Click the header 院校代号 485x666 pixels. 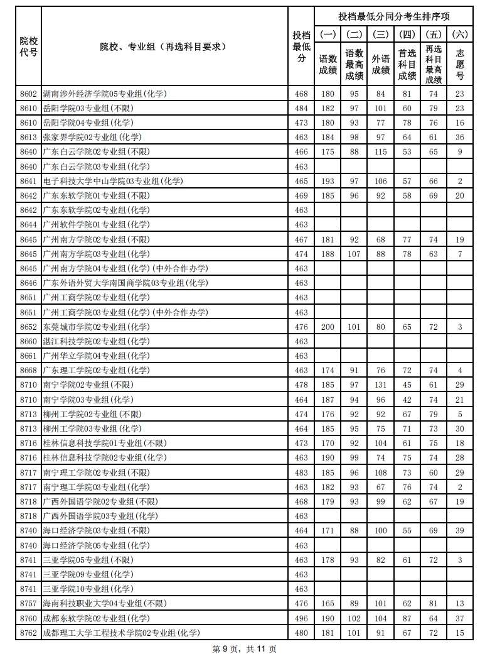point(28,46)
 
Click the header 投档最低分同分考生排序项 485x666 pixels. point(393,17)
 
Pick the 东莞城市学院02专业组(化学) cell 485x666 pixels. point(96,327)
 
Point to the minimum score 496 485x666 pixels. point(301,618)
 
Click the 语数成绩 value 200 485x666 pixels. point(328,327)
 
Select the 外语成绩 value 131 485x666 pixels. point(380,385)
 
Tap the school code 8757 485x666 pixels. point(28,604)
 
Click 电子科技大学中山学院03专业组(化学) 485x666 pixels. point(113,181)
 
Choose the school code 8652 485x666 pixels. point(28,327)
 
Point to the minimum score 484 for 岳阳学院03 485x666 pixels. point(301,108)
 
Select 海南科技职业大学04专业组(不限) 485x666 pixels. point(105,604)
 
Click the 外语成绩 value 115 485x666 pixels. point(380,151)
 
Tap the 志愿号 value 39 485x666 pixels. point(460,531)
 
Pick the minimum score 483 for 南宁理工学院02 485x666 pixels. point(301,472)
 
